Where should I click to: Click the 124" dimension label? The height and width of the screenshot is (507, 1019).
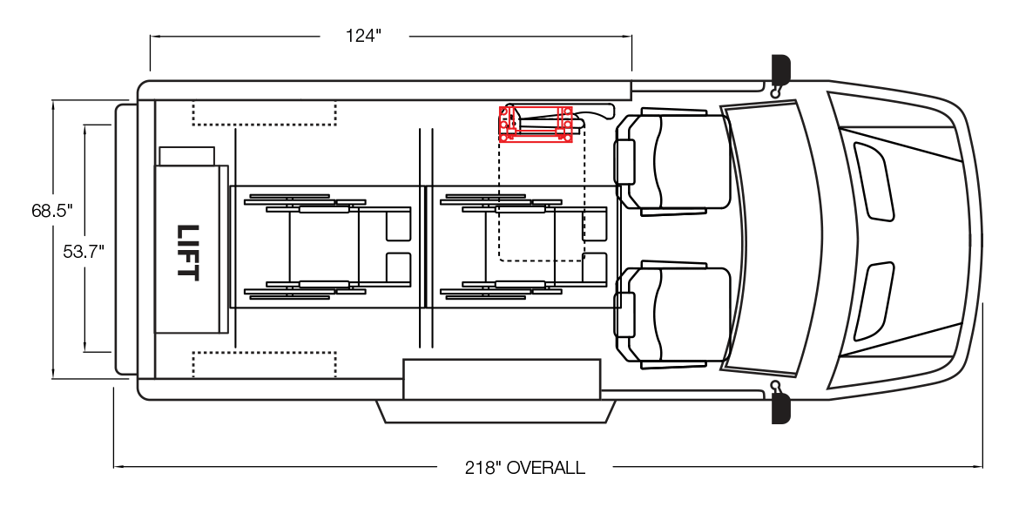(363, 36)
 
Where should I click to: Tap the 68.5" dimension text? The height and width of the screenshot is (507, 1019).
(52, 211)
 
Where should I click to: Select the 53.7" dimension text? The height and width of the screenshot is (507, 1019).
(84, 252)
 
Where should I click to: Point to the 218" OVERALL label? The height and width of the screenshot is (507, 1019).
(524, 467)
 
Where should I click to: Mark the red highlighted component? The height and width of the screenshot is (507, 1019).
(536, 125)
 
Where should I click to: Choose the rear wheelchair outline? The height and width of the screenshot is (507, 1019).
(327, 247)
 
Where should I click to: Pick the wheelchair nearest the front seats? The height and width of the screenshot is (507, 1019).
(523, 247)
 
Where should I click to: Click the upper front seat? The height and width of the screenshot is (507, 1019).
(672, 162)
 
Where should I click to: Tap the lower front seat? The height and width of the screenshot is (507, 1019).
(672, 314)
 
